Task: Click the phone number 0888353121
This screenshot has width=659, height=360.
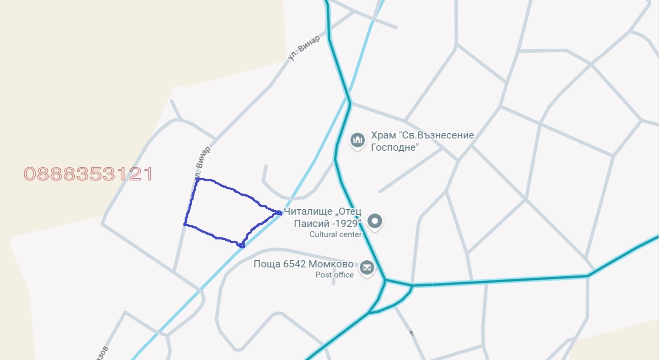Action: pos(88,174)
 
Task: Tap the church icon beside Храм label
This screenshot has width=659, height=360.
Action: pos(358,140)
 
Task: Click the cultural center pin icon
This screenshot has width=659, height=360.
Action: pos(375,221)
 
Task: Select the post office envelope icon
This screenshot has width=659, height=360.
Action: pos(367,268)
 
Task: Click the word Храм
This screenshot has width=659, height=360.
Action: pos(383,135)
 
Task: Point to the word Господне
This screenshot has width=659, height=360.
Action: pos(395,147)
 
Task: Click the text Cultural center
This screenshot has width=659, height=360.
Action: pos(335,234)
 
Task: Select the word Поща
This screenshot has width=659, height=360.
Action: pos(267,264)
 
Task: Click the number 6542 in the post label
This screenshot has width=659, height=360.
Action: pos(294,264)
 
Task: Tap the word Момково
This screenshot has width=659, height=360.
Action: pos(331,264)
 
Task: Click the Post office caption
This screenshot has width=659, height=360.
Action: pos(334,275)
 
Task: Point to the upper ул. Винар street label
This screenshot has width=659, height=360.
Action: pos(303,48)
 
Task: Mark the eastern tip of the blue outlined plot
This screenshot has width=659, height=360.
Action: pos(280,213)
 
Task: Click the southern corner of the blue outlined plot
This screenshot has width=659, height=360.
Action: pos(242,245)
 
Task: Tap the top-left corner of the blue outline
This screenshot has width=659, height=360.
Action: pos(197,179)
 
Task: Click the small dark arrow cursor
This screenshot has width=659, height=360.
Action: pos(411,333)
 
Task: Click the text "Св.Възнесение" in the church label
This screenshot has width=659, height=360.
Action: pos(436,135)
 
